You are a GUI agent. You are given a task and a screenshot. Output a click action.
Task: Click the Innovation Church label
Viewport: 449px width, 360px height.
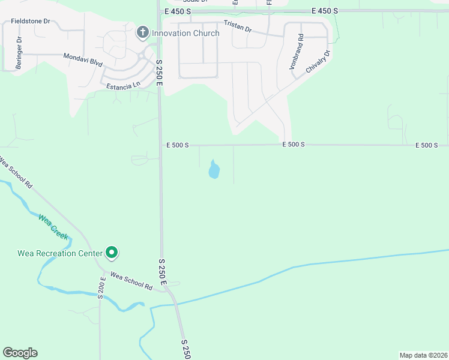185,33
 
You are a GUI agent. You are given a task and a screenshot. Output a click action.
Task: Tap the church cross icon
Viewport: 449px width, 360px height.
142,32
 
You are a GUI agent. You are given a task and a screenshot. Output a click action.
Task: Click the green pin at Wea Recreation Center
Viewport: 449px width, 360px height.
111,253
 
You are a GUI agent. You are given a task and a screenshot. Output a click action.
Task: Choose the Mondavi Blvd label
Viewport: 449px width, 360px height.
83,59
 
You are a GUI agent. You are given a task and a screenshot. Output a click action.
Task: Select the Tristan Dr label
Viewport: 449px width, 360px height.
238,26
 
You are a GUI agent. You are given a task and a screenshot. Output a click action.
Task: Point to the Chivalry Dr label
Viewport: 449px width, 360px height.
319,60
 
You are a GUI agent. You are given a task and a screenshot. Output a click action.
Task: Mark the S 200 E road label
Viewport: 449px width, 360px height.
102,286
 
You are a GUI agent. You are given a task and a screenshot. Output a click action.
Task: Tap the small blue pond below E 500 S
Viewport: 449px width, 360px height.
214,170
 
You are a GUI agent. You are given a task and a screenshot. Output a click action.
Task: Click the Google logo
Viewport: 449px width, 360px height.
20,353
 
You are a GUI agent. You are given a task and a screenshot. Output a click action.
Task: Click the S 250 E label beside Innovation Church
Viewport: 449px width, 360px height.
160,71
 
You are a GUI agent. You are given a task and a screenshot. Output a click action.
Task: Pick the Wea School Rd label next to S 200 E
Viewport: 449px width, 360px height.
131,280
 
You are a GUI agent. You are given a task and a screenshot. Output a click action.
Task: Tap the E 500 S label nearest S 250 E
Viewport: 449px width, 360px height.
178,145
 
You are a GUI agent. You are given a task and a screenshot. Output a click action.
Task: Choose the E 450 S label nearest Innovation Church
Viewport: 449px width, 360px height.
176,11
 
